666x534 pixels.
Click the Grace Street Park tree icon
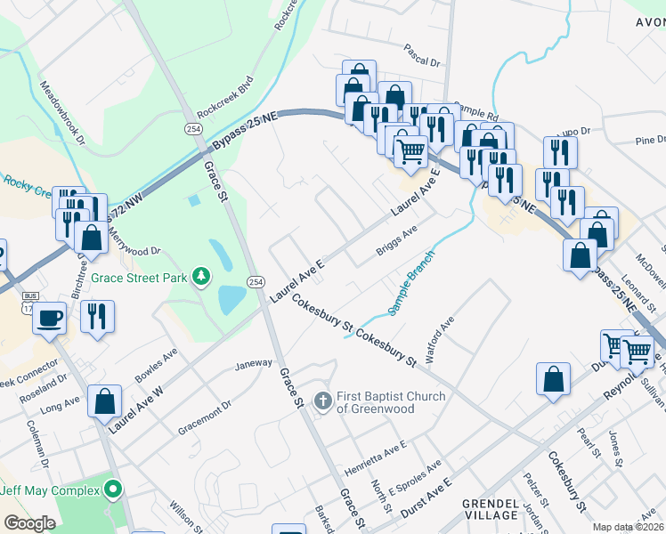pyautogui.click(x=203, y=278)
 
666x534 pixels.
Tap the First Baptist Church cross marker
pyautogui.click(x=322, y=396)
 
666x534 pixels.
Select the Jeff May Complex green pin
pyautogui.click(x=113, y=490)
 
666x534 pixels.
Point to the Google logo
pyautogui.click(x=28, y=523)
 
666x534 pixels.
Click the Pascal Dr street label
pyautogui.click(x=422, y=63)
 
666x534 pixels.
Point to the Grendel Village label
pyautogui.click(x=490, y=509)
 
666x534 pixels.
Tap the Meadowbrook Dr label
pyautogui.click(x=62, y=113)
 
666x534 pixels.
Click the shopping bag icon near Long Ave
pyautogui.click(x=105, y=400)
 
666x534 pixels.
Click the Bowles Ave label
pyautogui.click(x=156, y=365)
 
